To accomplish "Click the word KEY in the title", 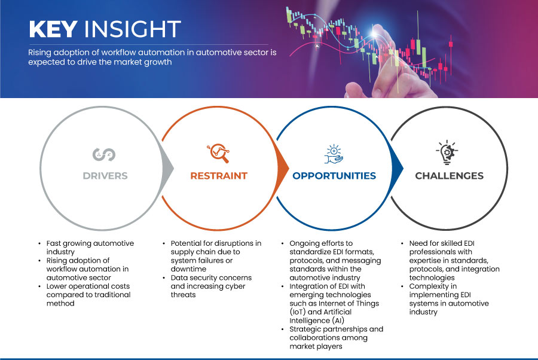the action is [53, 29].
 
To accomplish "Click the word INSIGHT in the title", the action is [133, 29].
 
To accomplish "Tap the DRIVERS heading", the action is [105, 176].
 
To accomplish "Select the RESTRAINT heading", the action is [219, 176].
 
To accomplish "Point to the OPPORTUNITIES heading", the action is [334, 176].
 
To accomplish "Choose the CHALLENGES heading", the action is [449, 176].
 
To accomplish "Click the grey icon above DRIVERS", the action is [104, 154].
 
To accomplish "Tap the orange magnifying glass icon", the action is [218, 153].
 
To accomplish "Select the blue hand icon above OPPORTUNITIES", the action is [334, 154].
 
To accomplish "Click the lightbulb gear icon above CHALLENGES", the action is [447, 152].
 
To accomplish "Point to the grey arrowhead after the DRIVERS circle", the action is [167, 168].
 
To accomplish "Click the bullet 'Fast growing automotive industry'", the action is [90, 248].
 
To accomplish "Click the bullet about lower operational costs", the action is [88, 295].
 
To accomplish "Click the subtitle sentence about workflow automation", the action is [152, 57].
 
